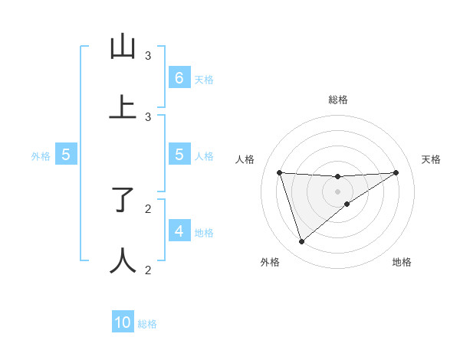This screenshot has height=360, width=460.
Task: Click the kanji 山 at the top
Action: [123, 47]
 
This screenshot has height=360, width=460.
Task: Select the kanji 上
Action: [123, 107]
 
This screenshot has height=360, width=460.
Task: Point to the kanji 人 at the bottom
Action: [123, 260]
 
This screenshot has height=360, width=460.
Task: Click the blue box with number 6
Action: [179, 78]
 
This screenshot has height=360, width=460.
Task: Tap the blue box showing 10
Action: [123, 322]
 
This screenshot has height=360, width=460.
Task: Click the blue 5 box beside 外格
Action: [66, 155]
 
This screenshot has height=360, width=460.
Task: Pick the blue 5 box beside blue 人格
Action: [179, 155]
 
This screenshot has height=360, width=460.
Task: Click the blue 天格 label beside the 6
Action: [204, 80]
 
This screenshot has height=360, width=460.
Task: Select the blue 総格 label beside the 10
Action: [147, 324]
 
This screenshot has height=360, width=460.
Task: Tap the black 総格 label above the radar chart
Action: [338, 100]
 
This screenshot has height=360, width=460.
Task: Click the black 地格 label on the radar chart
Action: [402, 263]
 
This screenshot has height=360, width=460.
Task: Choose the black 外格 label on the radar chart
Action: [270, 263]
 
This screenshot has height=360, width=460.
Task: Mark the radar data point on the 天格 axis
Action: [396, 172]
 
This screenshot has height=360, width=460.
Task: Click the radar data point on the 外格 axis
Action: [301, 242]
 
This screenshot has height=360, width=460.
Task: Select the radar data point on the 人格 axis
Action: [280, 172]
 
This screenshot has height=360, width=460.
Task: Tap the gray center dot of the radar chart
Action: [338, 191]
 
